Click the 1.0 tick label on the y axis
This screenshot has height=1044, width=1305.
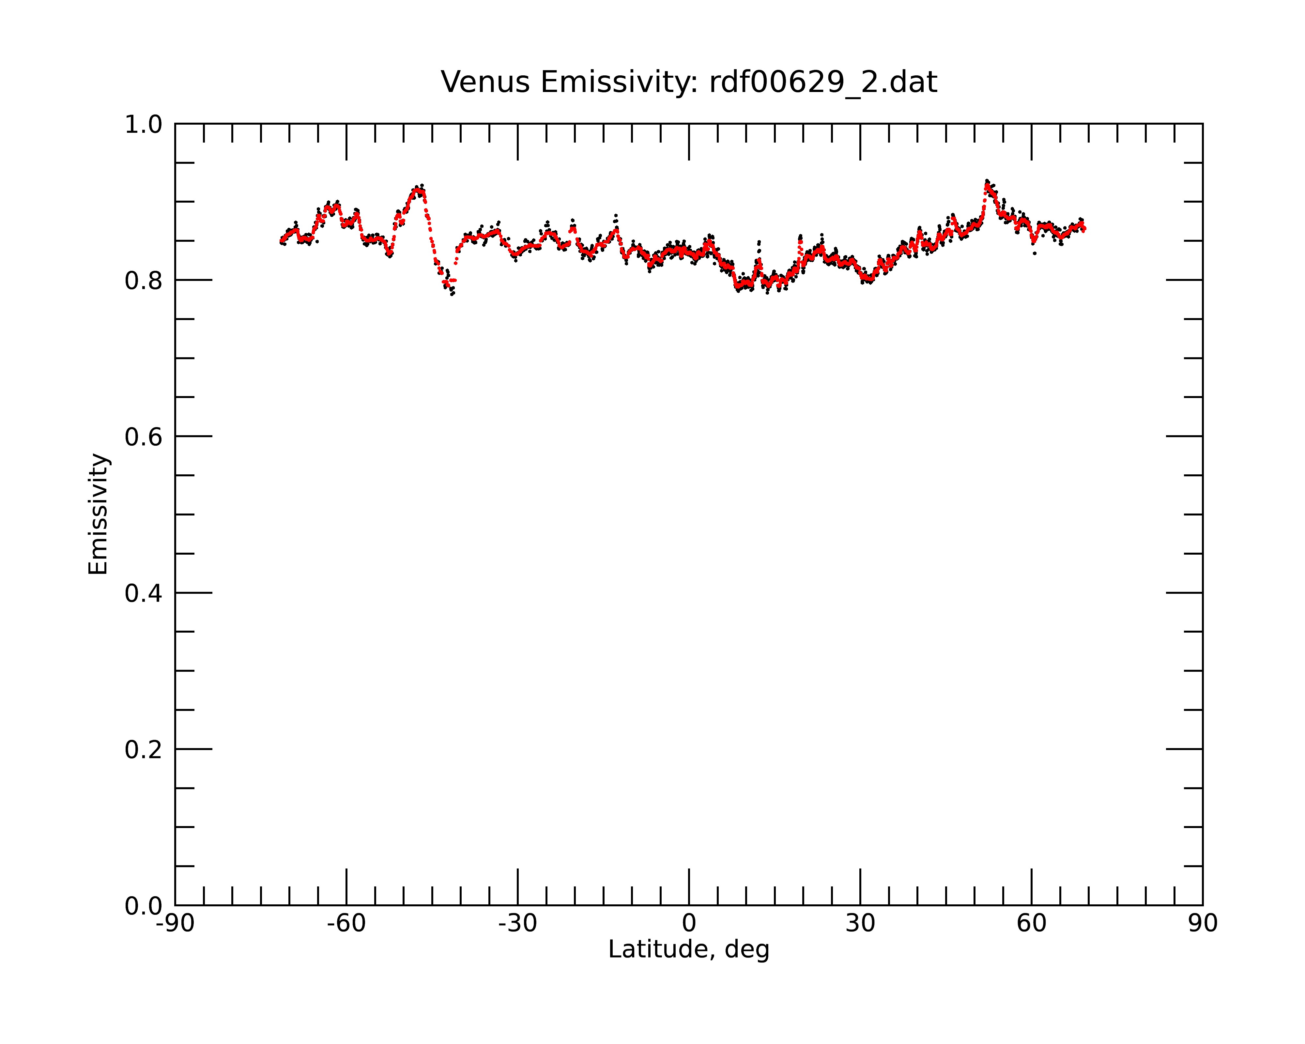pos(144,125)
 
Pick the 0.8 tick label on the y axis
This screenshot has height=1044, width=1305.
pos(144,281)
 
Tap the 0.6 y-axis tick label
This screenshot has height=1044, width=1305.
pos(144,437)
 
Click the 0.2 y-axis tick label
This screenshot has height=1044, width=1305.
pos(144,750)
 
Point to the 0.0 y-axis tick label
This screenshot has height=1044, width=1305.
pos(144,906)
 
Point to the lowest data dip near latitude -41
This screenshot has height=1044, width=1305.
pos(452,294)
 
